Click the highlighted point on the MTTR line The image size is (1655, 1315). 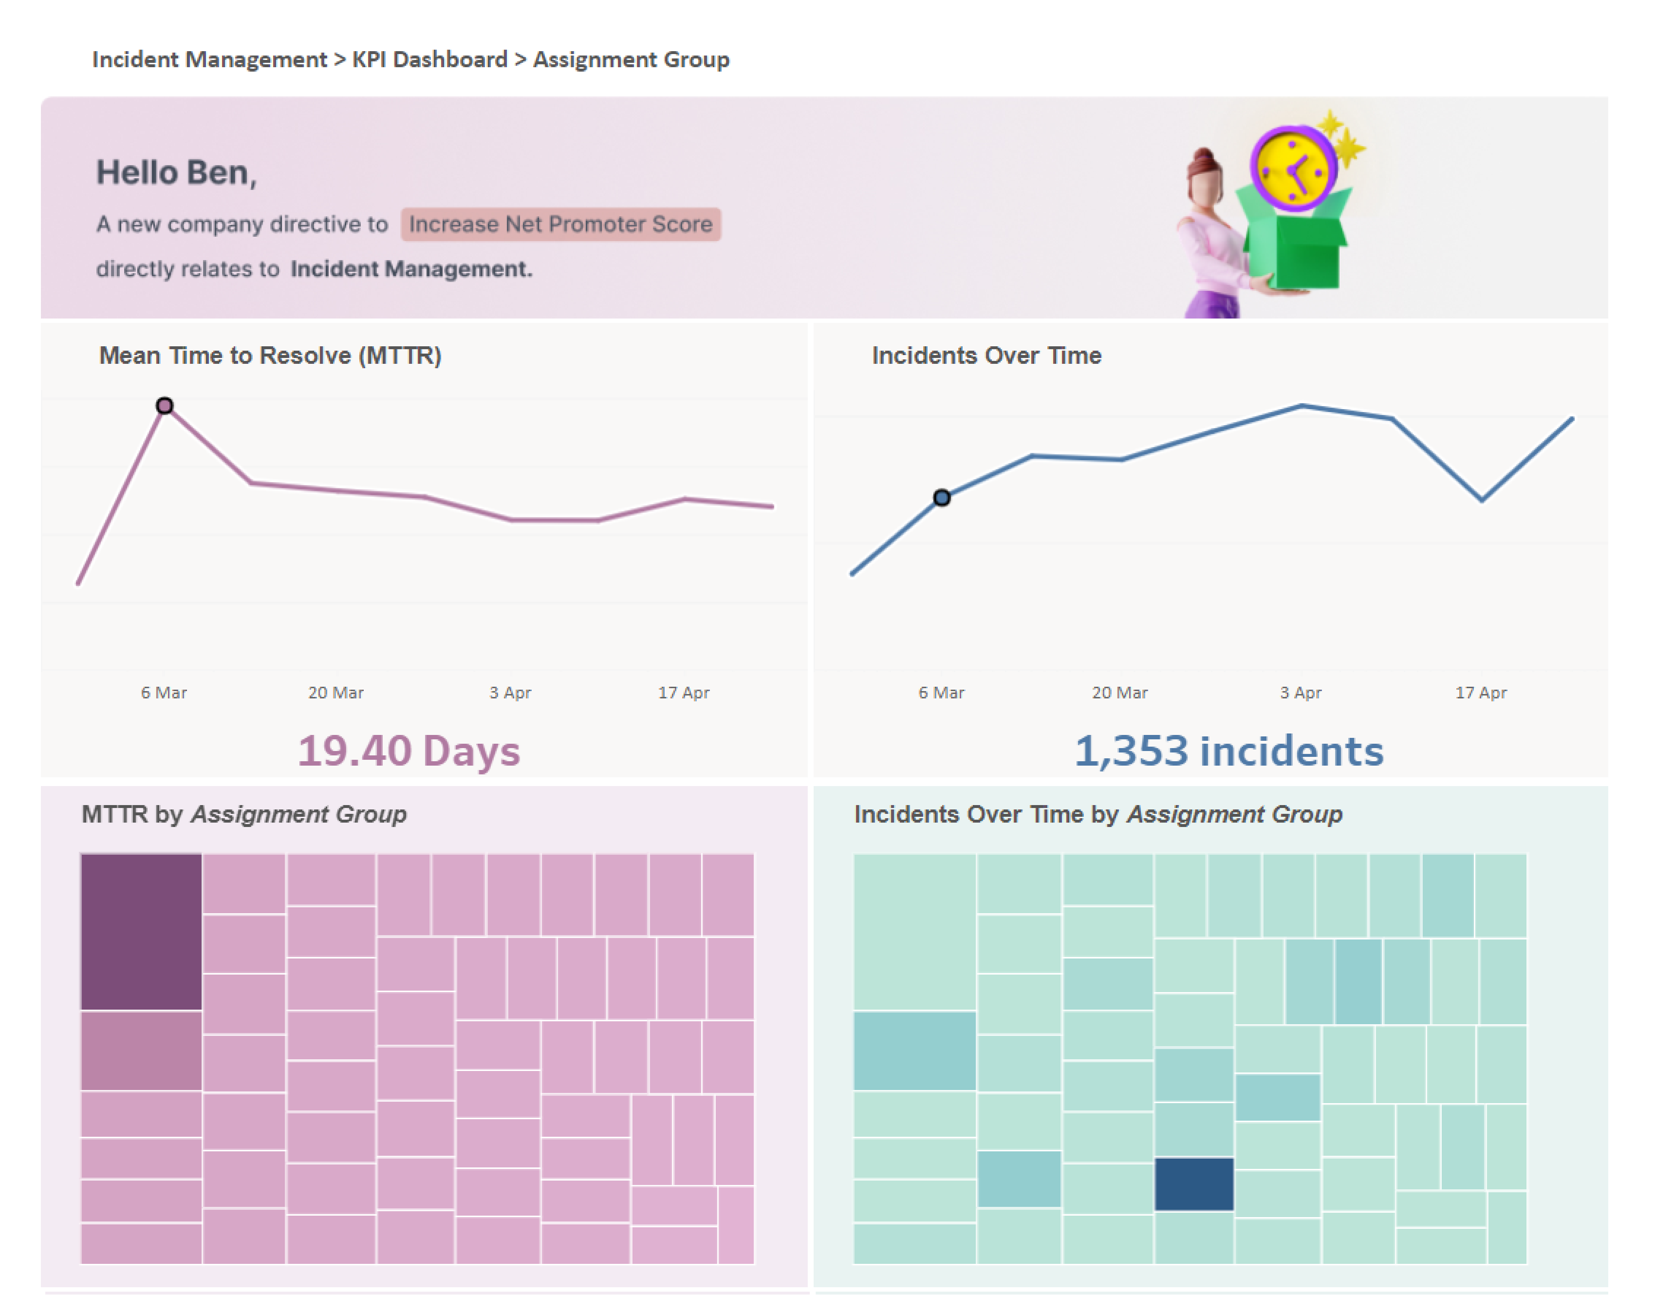pos(164,405)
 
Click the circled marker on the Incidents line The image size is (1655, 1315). pos(941,497)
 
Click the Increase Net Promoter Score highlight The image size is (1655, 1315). pos(560,224)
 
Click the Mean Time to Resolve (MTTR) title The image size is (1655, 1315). pos(270,356)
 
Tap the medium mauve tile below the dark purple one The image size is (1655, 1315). pos(141,1050)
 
